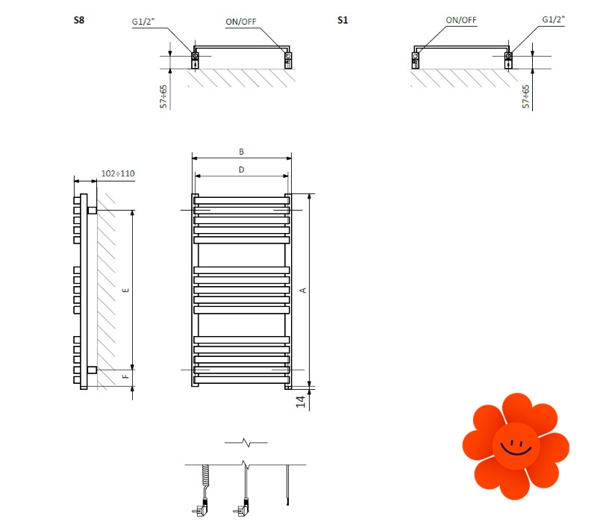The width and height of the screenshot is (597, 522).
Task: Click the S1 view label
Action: click(x=343, y=20)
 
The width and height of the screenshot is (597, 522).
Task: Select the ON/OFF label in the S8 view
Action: click(x=241, y=22)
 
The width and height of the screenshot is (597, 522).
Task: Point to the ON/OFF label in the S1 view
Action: click(x=460, y=19)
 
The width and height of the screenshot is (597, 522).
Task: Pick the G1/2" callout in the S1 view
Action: click(x=554, y=19)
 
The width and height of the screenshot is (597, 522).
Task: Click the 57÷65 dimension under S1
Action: click(x=526, y=96)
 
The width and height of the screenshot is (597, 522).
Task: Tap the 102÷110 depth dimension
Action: click(x=117, y=174)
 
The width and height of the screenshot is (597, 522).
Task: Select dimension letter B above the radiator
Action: click(x=241, y=152)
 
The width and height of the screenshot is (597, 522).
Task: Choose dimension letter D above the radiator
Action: click(x=241, y=170)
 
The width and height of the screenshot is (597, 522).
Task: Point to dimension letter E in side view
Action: click(x=125, y=289)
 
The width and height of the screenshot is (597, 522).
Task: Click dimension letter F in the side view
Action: click(x=125, y=377)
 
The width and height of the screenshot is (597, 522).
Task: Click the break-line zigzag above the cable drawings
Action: click(x=246, y=443)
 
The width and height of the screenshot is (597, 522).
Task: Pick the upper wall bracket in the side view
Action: click(x=92, y=211)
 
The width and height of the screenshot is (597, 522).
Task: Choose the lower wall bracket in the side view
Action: click(x=92, y=370)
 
